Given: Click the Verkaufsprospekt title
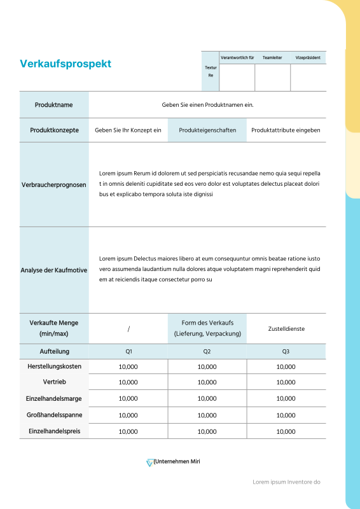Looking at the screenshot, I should click(x=66, y=64).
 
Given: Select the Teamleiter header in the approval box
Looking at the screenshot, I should click(x=272, y=57).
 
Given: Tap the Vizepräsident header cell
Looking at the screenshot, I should click(x=308, y=57).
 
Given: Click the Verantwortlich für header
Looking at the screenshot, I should click(x=237, y=57).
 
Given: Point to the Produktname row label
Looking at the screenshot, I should click(x=54, y=105).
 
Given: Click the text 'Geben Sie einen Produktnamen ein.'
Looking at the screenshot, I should click(x=207, y=105).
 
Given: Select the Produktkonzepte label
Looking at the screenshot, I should click(x=54, y=130).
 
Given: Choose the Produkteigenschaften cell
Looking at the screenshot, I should click(x=207, y=130).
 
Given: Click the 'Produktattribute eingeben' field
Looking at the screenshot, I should click(x=286, y=130).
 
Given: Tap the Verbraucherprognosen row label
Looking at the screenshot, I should click(x=54, y=185).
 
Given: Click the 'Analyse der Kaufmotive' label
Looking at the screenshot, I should click(x=54, y=270).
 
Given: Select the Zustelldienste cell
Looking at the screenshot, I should click(x=286, y=329).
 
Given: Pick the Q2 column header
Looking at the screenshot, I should click(x=207, y=351).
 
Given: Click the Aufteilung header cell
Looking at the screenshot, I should click(x=54, y=351).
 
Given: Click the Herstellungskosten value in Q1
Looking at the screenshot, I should click(x=128, y=366).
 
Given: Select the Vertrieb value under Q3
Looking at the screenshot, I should click(x=286, y=382).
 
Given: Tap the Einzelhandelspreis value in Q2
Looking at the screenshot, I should click(x=207, y=431).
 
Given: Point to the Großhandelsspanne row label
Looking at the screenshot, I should click(x=54, y=415).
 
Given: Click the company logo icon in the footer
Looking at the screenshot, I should click(x=149, y=463).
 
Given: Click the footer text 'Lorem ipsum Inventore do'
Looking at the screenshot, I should click(x=286, y=482).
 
